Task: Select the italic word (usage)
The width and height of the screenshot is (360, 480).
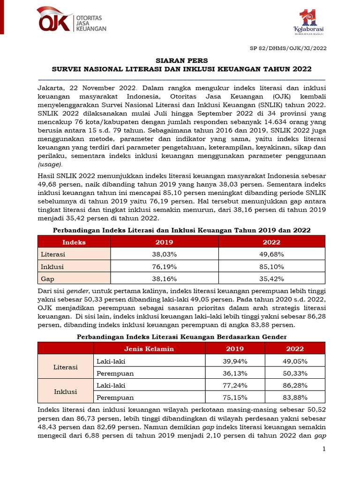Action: [x=50, y=164]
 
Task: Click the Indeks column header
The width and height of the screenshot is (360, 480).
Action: [x=74, y=242]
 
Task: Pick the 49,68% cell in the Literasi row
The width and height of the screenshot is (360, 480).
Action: [x=271, y=255]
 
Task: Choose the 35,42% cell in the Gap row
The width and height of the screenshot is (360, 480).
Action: [x=271, y=279]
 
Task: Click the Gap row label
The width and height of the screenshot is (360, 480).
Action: [x=48, y=279]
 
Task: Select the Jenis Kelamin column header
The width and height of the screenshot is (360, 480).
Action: [x=149, y=349]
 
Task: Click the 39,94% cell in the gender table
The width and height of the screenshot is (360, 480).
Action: [x=235, y=361]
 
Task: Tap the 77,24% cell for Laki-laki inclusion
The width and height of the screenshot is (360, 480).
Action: [x=235, y=385]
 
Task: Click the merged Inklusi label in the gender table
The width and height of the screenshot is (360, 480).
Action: [x=66, y=391]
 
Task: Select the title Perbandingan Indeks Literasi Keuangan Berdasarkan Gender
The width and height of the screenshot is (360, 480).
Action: [x=181, y=337]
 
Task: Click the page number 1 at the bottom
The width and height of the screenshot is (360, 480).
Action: [x=323, y=450]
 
